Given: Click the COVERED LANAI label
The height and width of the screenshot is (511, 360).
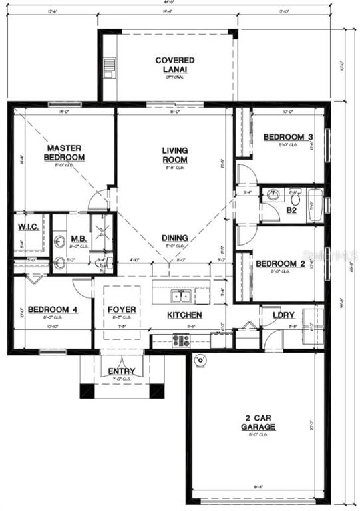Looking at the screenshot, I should pyautogui.click(x=175, y=65).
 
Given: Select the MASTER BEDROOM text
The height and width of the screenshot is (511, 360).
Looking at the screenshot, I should pyautogui.click(x=64, y=152).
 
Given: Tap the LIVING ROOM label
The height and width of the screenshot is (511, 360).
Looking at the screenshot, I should pyautogui.click(x=175, y=155).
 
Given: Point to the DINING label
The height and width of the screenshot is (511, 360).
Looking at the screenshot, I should pyautogui.click(x=175, y=238).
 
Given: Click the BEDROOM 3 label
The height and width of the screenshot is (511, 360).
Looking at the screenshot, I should pyautogui.click(x=288, y=137).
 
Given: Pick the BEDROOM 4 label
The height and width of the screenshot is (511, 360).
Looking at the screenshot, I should pyautogui.click(x=47, y=310).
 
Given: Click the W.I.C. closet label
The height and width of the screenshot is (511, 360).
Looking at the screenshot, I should pyautogui.click(x=27, y=227).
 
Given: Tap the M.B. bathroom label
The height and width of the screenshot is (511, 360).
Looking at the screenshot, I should pyautogui.click(x=79, y=238).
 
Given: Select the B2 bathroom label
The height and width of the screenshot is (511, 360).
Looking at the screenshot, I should pyautogui.click(x=291, y=210).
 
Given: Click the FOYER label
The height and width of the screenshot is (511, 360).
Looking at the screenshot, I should pyautogui.click(x=122, y=310).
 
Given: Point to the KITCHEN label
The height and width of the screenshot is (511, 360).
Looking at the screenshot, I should pyautogui.click(x=184, y=315).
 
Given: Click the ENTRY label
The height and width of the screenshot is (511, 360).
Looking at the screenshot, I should pyautogui.click(x=122, y=371).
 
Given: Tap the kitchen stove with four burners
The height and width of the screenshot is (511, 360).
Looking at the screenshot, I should pyautogui.click(x=181, y=340).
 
